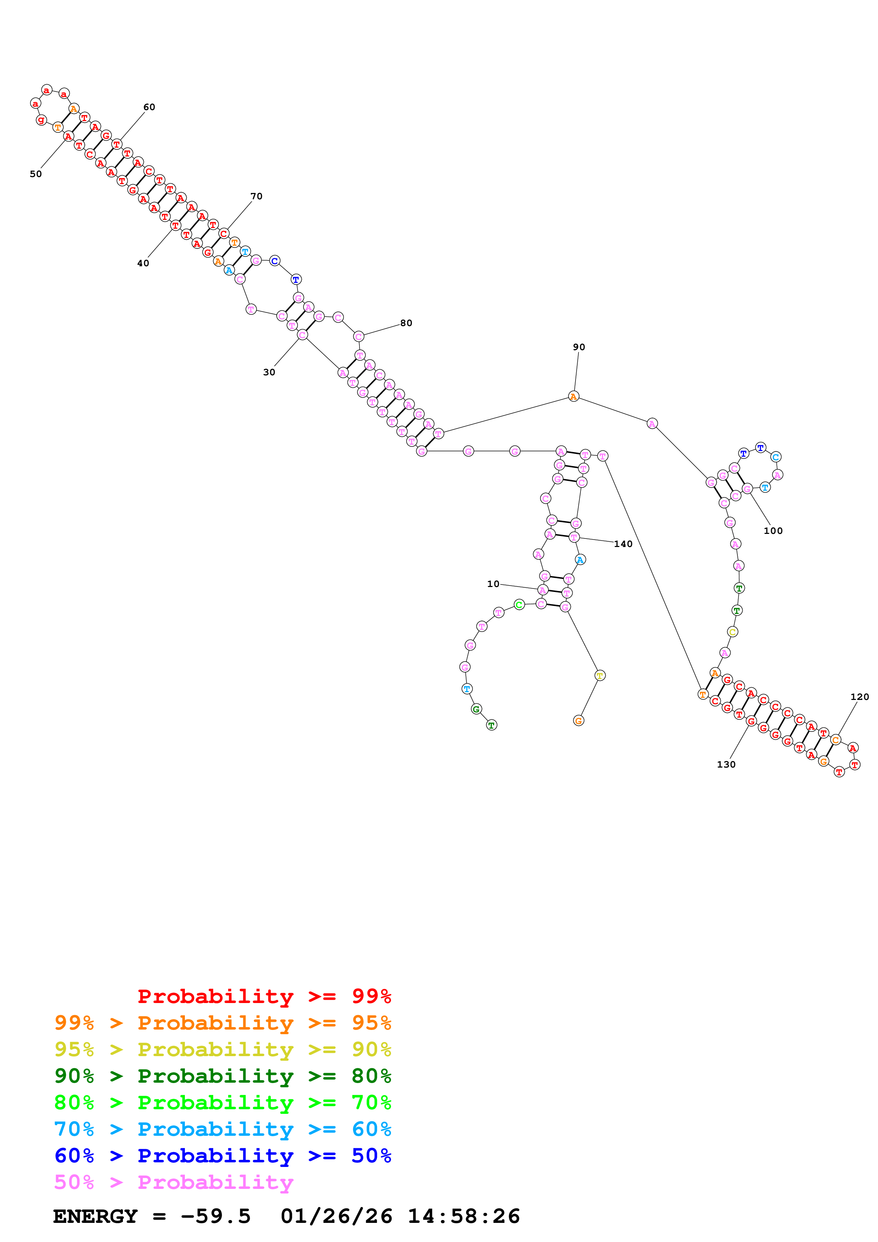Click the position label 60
tap(149, 107)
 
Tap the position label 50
tap(36, 174)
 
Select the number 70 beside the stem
tap(256, 196)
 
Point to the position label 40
tap(143, 263)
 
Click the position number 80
tap(406, 323)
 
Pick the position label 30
tap(269, 372)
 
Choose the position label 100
tap(773, 531)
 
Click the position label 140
tap(623, 544)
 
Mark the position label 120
tap(860, 697)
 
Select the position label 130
tap(726, 764)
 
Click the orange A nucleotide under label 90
tap(573, 397)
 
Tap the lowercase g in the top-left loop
tap(41, 120)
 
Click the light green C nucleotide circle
tap(519, 605)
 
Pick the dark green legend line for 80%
tap(223, 1076)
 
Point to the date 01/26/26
tap(336, 1216)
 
